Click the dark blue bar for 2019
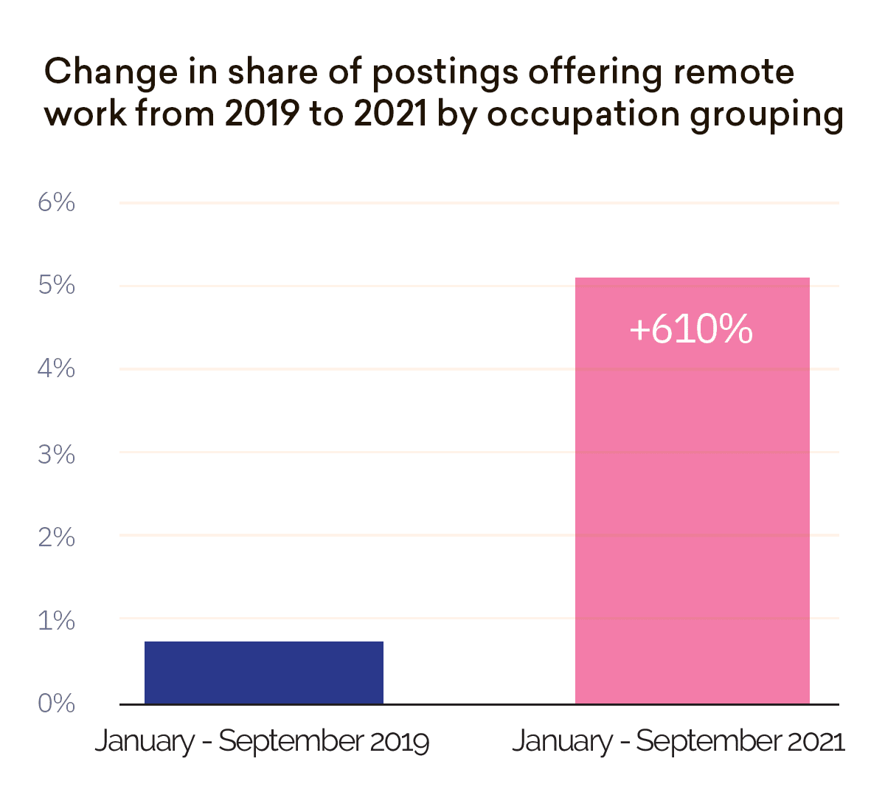(x=263, y=672)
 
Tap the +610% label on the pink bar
(x=691, y=329)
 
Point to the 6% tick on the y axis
(x=57, y=202)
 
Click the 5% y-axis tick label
(x=57, y=285)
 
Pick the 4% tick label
(x=57, y=368)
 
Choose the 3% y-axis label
(x=57, y=455)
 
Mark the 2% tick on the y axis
(x=57, y=537)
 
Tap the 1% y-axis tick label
(x=57, y=621)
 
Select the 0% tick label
(x=57, y=703)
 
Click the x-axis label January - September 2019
(x=262, y=741)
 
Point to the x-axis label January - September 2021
(x=678, y=741)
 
